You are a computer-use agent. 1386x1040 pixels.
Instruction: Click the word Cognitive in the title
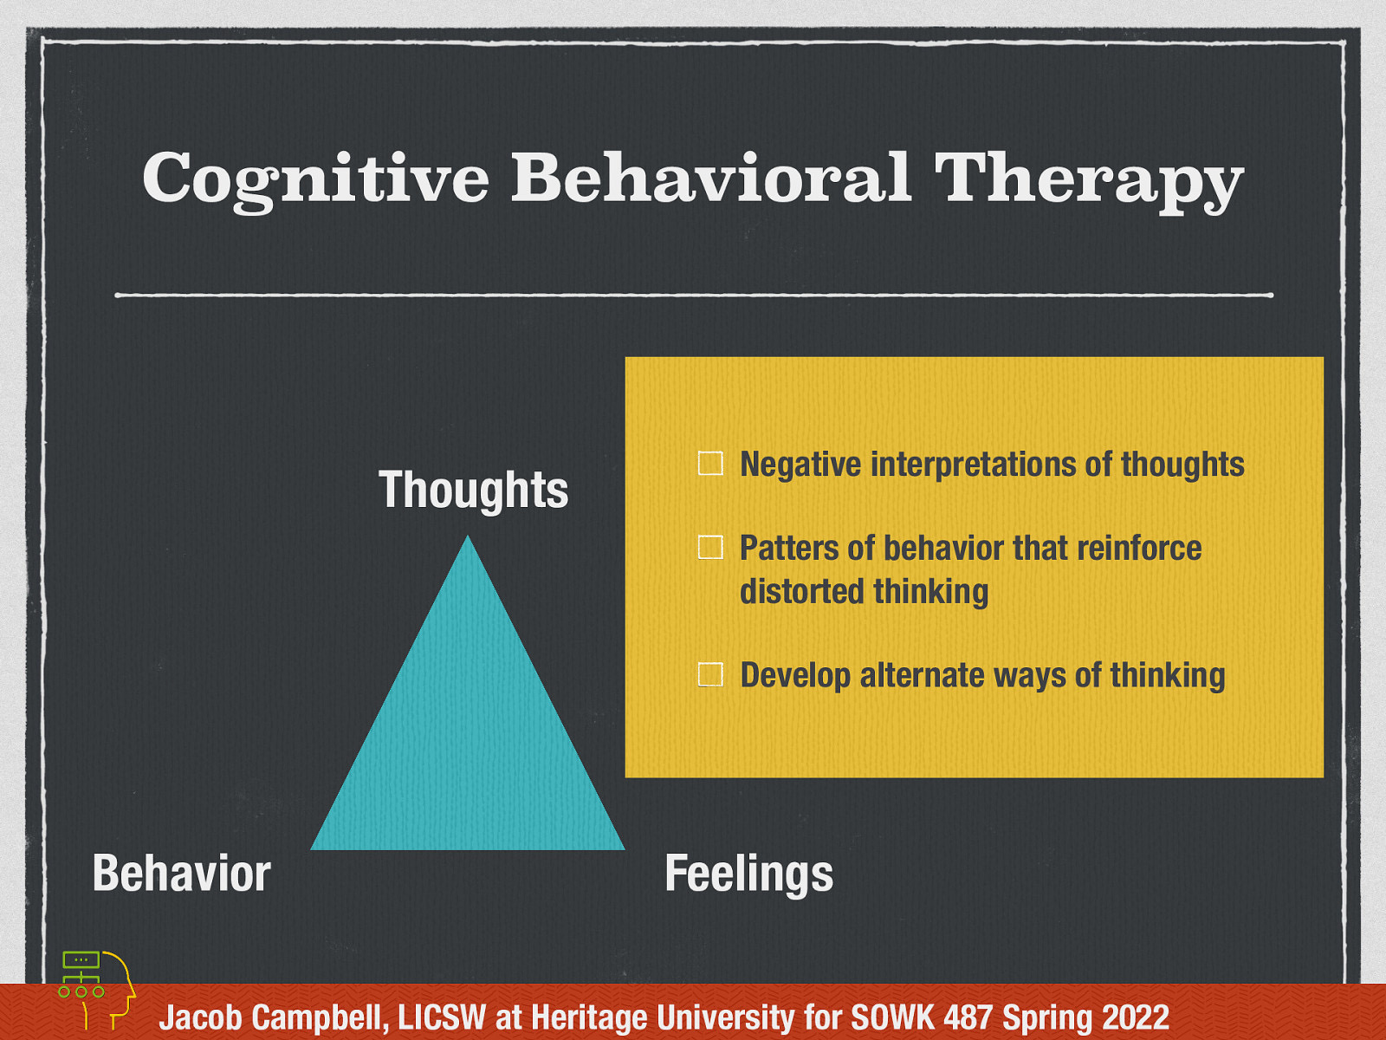pyautogui.click(x=315, y=179)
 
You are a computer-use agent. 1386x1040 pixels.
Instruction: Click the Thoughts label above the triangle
pyautogui.click(x=473, y=490)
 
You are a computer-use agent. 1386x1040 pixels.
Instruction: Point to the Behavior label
pyautogui.click(x=182, y=873)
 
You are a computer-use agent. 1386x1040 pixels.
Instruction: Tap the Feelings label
pyautogui.click(x=748, y=873)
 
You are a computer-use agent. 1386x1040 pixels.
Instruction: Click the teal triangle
pyautogui.click(x=468, y=737)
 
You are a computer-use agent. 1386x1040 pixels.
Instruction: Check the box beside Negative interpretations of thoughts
pyautogui.click(x=710, y=464)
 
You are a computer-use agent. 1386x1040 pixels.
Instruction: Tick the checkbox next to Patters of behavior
pyautogui.click(x=710, y=548)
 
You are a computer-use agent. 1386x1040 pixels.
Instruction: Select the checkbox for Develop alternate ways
pyautogui.click(x=710, y=674)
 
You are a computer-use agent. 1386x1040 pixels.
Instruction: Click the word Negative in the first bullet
pyautogui.click(x=800, y=465)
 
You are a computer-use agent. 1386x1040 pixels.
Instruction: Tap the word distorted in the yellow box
pyautogui.click(x=802, y=592)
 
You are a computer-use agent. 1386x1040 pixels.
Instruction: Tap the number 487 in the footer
pyautogui.click(x=969, y=1017)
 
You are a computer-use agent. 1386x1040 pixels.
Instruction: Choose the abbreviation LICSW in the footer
pyautogui.click(x=442, y=1017)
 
